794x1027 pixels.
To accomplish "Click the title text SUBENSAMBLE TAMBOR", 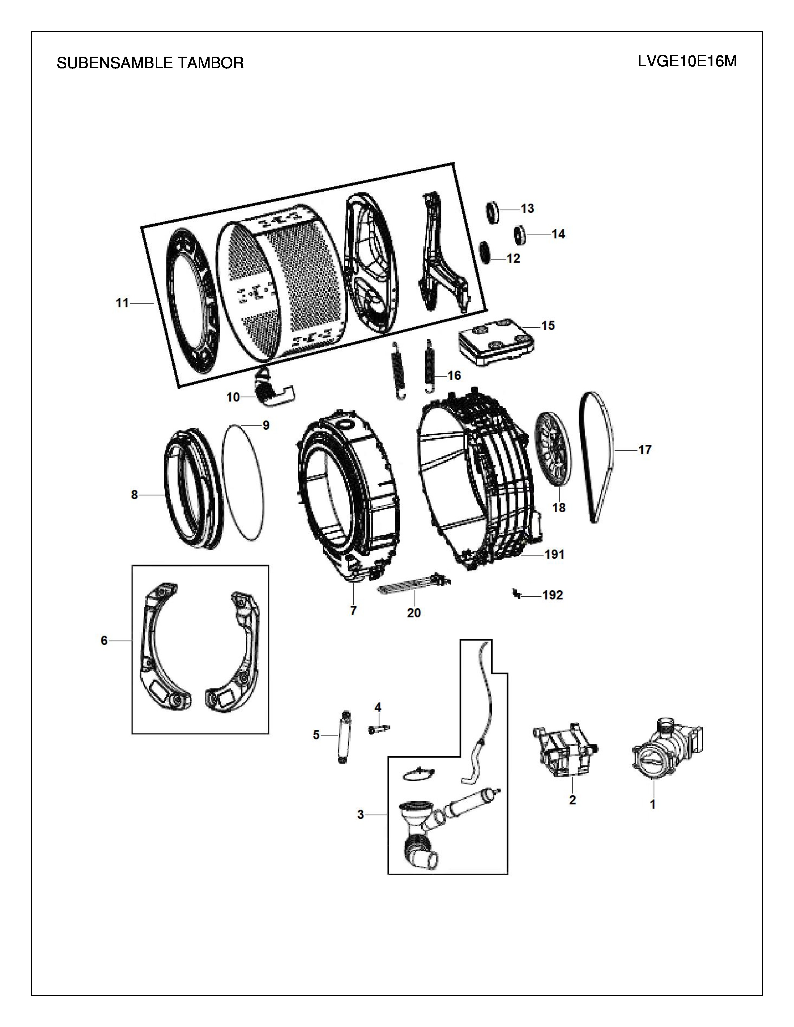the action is click(150, 63).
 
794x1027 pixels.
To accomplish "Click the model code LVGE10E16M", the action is click(687, 62).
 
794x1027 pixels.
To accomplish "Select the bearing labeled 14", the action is click(519, 234).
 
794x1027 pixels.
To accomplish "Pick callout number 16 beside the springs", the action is click(454, 375).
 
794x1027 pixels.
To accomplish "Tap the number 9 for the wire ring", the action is click(266, 425).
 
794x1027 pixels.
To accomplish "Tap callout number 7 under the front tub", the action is click(353, 611).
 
